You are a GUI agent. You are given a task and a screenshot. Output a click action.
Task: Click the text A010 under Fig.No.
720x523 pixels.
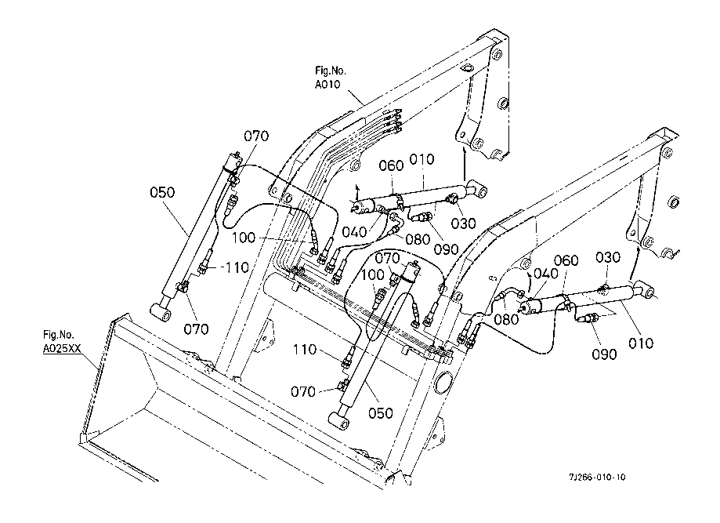coord(327,85)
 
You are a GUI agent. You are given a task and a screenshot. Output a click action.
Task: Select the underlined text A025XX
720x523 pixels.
coord(62,349)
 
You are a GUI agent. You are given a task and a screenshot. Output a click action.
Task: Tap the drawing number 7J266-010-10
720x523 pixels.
coord(597,477)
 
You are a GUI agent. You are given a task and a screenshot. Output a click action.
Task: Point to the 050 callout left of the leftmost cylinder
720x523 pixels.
coord(162,192)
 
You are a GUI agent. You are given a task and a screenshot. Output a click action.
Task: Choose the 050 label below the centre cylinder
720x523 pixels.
coord(381,413)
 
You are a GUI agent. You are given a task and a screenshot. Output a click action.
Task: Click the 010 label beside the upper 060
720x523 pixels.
coord(422,159)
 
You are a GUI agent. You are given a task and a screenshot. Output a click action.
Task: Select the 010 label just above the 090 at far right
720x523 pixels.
coord(641,343)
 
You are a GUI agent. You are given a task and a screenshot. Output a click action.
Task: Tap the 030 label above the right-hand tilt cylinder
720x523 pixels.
coord(608,257)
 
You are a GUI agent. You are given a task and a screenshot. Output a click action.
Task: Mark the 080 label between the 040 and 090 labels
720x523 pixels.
coord(418,239)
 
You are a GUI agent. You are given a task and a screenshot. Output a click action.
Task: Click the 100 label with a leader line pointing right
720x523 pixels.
coord(244,238)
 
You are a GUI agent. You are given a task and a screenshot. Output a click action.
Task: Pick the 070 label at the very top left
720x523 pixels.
coord(256,136)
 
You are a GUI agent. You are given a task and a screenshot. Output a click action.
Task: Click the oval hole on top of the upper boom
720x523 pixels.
coord(466,69)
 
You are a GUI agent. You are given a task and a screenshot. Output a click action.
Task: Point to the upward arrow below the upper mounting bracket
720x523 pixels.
coord(465,164)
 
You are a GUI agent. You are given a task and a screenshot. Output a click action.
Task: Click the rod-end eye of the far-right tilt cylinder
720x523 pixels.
coord(647,291)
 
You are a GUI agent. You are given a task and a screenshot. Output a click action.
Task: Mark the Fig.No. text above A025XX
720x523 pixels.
coord(58,335)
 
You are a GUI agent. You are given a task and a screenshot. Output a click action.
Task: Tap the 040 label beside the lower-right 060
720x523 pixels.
coord(546,274)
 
